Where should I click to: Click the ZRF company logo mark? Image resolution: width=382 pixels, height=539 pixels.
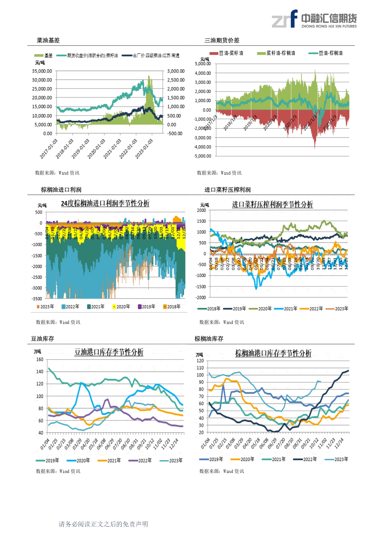pos(284,19)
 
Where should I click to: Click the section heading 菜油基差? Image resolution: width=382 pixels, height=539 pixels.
pos(48,40)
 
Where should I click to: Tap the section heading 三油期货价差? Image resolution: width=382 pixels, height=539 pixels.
pos(222,40)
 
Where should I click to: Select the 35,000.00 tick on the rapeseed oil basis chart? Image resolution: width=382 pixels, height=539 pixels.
pos(42,71)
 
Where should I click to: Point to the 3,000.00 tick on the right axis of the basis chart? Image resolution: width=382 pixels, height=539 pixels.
pos(176,71)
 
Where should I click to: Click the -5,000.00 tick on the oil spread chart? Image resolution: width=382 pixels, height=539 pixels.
pos(203,156)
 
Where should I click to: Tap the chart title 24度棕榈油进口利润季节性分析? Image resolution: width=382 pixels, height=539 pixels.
pos(105,203)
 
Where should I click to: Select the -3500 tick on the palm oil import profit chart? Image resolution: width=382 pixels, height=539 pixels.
pos(37,299)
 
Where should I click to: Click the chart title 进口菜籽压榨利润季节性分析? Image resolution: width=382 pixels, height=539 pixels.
pos(272,204)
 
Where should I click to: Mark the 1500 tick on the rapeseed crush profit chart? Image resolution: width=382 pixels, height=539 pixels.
pos(202,221)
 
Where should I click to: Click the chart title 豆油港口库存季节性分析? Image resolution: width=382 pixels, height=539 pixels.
pos(109,352)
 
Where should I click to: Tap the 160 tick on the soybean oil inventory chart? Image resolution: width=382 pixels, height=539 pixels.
pos(40,360)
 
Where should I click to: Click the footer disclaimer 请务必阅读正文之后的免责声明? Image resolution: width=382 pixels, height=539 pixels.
pos(103,524)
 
